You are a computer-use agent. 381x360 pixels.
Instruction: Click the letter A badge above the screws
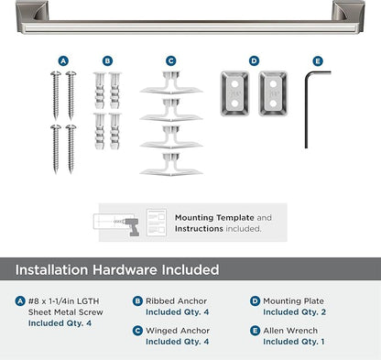[63, 61]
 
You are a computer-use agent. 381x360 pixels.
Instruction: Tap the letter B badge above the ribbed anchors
[107, 61]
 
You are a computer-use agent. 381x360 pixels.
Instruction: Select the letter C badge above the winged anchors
[170, 61]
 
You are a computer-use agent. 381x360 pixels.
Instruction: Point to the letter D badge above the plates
[254, 61]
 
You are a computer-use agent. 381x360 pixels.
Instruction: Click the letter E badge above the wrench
[317, 61]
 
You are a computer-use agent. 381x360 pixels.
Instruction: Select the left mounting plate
[236, 90]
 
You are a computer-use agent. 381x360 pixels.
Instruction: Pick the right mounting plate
[272, 90]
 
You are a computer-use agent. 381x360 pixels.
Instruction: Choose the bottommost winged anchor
[170, 165]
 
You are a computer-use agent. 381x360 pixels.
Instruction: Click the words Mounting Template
[215, 218]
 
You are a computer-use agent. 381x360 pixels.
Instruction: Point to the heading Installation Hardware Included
[117, 269]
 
